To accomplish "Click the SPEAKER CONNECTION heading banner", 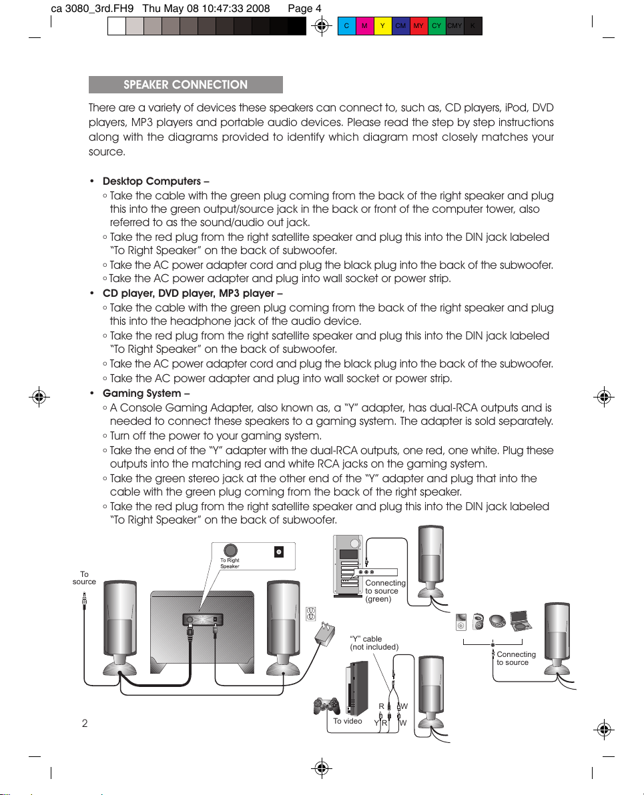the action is point(186,85).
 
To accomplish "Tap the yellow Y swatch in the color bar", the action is point(382,26).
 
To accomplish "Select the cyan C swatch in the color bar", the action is point(346,26).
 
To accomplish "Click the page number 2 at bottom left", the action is point(85,724).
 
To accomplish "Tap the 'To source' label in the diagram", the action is point(84,578).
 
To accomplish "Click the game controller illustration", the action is point(326,705).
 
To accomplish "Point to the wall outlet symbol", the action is point(310,614).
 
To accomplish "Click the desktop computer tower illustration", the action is point(348,566).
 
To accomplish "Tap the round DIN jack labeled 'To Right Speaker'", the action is point(230,550).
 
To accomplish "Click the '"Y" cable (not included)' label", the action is point(374,643).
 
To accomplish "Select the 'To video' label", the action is point(348,721).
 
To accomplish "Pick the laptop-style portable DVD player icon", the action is point(521,620).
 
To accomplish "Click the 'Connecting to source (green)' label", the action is point(385,591).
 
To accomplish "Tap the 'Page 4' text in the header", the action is point(304,9).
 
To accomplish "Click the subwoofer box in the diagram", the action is point(202,631).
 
